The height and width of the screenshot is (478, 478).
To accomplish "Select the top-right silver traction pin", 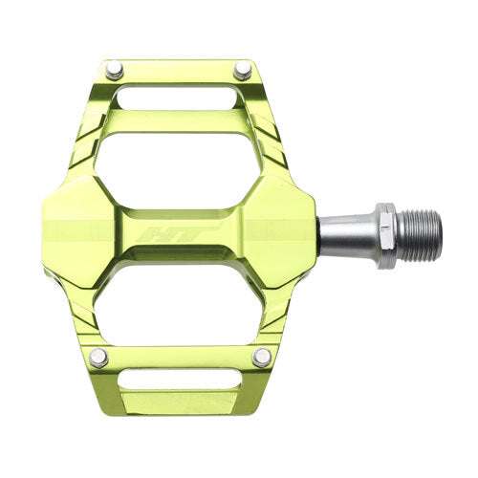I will click(x=243, y=68).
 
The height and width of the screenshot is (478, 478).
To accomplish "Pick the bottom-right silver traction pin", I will click(x=259, y=358).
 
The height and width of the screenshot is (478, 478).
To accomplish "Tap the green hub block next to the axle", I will click(x=287, y=229).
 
